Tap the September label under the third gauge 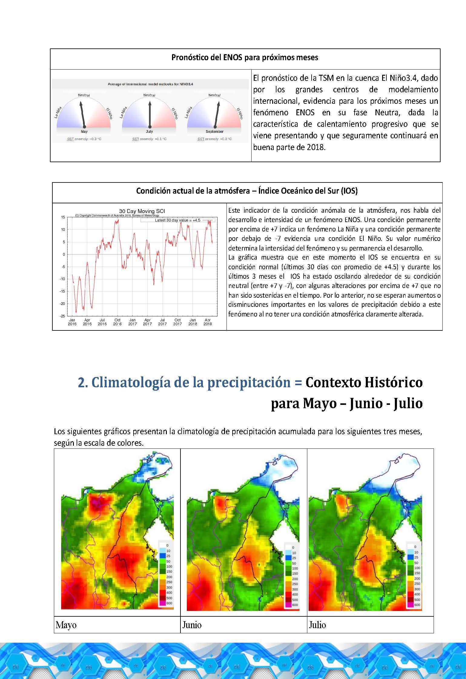pyautogui.click(x=214, y=132)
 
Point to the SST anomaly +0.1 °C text pyautogui.click(x=149, y=139)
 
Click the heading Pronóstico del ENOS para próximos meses pyautogui.click(x=245, y=57)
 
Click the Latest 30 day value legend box pyautogui.click(x=177, y=220)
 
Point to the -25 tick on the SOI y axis pyautogui.click(x=62, y=316)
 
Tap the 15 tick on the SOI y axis pyautogui.click(x=63, y=217)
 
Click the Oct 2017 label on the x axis pyautogui.click(x=177, y=322)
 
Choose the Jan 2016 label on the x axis pyautogui.click(x=72, y=322)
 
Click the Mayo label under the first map pyautogui.click(x=66, y=625)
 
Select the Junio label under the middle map pyautogui.click(x=192, y=625)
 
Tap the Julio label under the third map pyautogui.click(x=317, y=625)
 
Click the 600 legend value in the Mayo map pyautogui.click(x=169, y=603)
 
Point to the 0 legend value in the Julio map pyautogui.click(x=415, y=547)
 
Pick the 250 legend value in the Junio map pyautogui.click(x=295, y=584)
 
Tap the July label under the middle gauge pyautogui.click(x=149, y=132)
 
